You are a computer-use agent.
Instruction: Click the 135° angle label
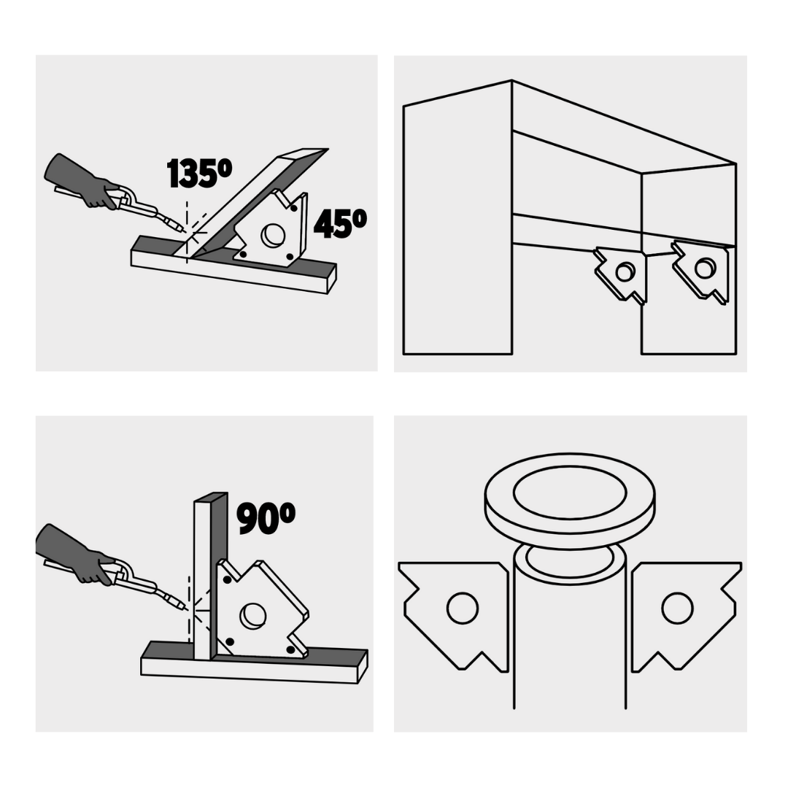click(199, 173)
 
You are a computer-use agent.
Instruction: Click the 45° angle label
click(340, 223)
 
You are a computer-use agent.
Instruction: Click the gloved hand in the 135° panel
click(80, 180)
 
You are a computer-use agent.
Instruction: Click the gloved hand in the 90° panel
click(74, 554)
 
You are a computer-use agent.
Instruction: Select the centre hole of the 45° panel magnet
click(273, 235)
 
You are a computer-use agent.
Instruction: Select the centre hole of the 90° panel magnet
click(252, 615)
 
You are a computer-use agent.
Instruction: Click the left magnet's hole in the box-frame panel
click(625, 272)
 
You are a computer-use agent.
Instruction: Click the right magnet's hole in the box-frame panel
click(705, 268)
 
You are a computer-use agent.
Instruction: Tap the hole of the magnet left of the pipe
click(463, 608)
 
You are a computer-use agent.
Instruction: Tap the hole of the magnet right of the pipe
click(677, 608)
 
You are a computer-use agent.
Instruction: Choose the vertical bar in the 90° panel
click(210, 576)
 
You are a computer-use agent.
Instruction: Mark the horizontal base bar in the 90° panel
click(254, 663)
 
